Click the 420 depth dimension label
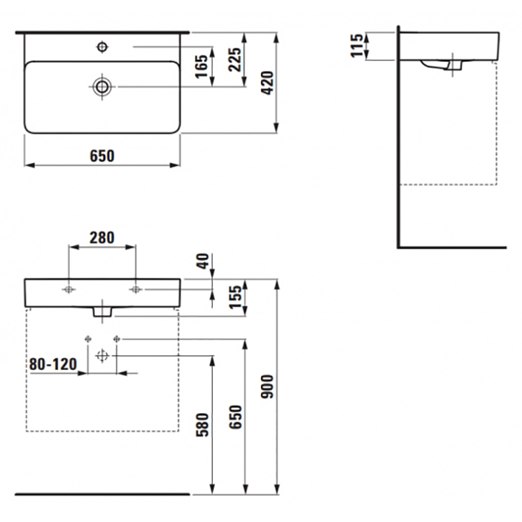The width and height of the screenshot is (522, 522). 268,83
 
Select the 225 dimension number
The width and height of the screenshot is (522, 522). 235,59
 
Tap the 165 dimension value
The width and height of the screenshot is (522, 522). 202,67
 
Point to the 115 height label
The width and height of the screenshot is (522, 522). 356,46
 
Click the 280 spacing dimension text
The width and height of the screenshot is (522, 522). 102,238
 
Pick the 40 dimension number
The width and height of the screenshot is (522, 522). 203,262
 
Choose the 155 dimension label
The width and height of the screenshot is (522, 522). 236,297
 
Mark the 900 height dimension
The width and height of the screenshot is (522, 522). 267,386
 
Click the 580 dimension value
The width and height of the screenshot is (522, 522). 202,425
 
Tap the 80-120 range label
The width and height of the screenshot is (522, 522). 53,364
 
